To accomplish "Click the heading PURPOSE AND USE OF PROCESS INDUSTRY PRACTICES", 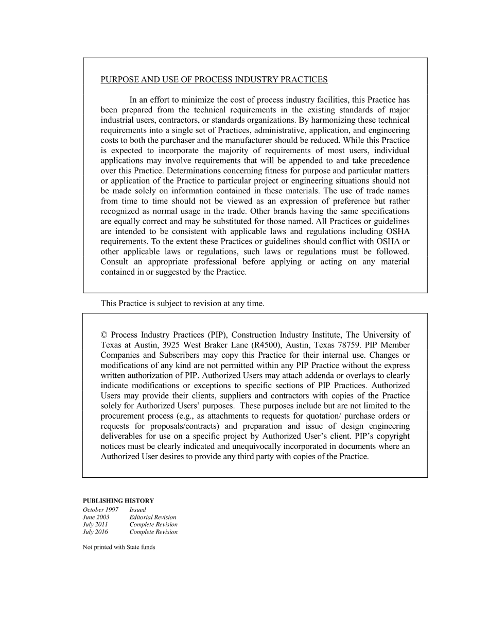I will (214, 79).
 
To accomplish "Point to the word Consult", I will (114, 262).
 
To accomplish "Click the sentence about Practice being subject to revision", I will (182, 304).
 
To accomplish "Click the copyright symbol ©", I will (104, 335).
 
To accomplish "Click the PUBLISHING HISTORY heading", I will (118, 500).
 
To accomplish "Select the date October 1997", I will (100, 510).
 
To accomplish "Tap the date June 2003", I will (96, 517).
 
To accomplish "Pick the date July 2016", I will (95, 532).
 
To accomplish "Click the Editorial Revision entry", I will (152, 517).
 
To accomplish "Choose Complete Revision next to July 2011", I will (153, 525).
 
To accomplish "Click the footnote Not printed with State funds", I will (119, 547).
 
